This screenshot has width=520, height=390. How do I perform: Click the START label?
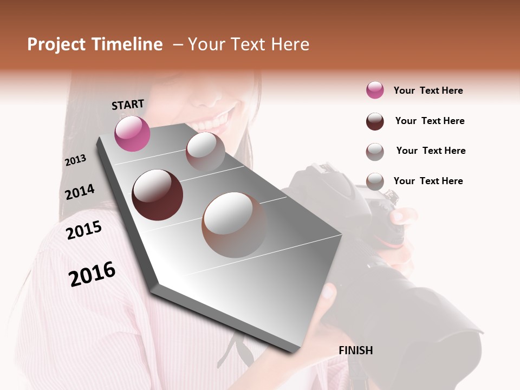click(128, 105)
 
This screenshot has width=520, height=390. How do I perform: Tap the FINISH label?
click(355, 350)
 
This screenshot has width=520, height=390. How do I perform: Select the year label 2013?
click(75, 160)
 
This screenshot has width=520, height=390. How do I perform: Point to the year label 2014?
click(80, 192)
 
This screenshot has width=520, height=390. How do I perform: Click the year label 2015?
click(84, 230)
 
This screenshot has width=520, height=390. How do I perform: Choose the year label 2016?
click(92, 274)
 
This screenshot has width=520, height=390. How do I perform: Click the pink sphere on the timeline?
click(132, 134)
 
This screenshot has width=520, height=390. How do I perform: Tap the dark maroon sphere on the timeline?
click(157, 195)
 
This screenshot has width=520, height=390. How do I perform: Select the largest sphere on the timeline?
click(235, 225)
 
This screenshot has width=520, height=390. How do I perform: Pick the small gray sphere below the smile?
click(205, 151)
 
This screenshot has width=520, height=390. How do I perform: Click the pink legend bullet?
click(375, 90)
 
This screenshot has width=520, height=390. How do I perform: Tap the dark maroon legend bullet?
click(375, 121)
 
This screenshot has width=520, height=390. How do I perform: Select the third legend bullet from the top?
click(375, 151)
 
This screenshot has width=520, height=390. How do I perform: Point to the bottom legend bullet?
click(375, 181)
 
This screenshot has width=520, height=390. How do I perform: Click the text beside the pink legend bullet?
click(428, 90)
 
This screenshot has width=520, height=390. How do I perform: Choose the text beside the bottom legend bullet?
click(428, 181)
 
